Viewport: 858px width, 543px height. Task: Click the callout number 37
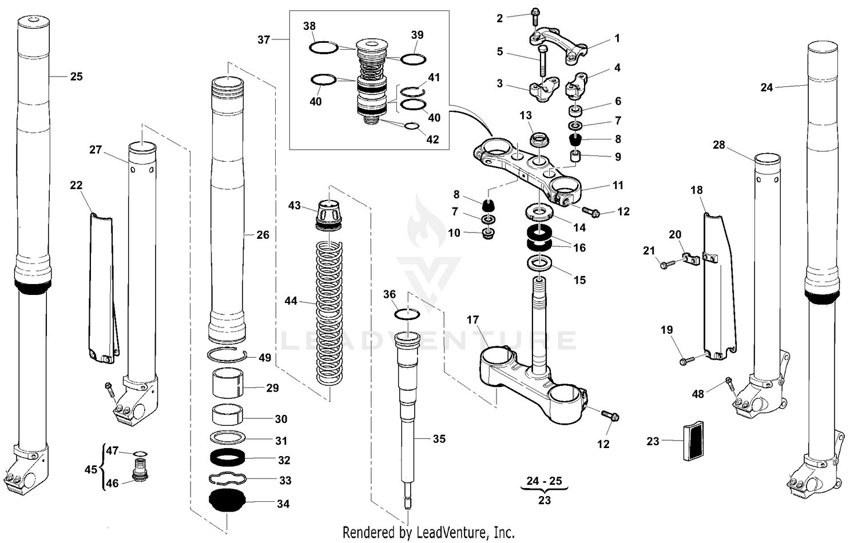click(263, 39)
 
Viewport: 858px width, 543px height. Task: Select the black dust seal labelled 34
click(227, 502)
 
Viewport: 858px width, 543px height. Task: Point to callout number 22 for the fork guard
click(76, 185)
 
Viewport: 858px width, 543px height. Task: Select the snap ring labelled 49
click(227, 355)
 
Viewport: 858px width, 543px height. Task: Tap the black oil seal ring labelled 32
click(228, 458)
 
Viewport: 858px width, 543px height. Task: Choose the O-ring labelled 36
click(408, 314)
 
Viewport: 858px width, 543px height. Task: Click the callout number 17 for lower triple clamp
click(472, 320)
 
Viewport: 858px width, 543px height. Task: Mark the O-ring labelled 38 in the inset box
click(324, 47)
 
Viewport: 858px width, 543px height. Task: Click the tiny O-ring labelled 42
click(411, 126)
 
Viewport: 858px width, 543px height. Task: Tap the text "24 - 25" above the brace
click(544, 481)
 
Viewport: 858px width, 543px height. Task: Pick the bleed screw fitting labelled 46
click(140, 476)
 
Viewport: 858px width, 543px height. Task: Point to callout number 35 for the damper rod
click(439, 439)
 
